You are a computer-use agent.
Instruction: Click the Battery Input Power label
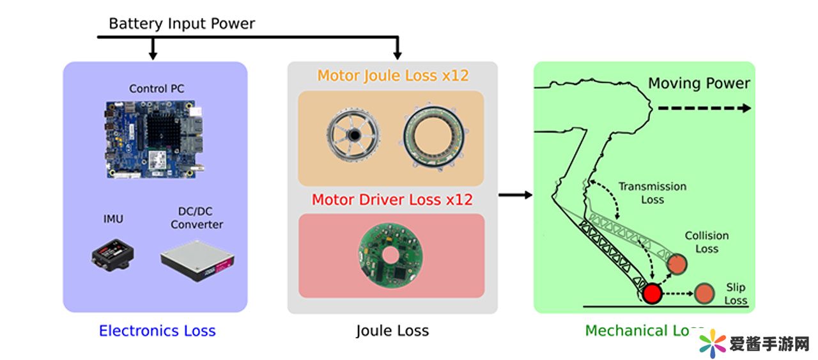[x=181, y=24]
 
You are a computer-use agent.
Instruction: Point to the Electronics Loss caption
[x=157, y=331]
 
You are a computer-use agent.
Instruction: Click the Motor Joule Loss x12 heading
[x=393, y=75]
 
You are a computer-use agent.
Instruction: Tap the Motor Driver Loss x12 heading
[x=392, y=200]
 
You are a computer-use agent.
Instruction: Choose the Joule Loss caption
[x=392, y=331]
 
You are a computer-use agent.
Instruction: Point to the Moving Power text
[x=699, y=84]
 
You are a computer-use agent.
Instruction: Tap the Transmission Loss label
[x=652, y=193]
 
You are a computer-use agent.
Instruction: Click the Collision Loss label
[x=706, y=242]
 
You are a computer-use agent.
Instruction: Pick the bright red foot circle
[x=652, y=293]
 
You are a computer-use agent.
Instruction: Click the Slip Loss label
[x=736, y=294]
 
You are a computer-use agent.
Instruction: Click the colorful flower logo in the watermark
[x=711, y=344]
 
